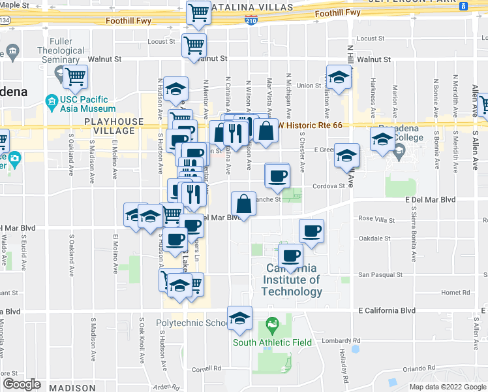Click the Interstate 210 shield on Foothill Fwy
point(251,21)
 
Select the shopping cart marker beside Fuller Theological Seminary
point(76,76)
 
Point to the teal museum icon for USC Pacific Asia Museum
point(51,101)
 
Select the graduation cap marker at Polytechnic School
point(239,318)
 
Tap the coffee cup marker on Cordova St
point(277,175)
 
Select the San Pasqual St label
point(381,275)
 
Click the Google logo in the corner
point(22,384)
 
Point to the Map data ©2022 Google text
point(448,387)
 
